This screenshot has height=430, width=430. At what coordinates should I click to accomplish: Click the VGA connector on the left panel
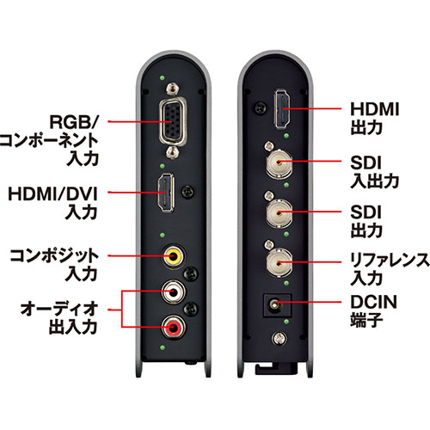(173, 121)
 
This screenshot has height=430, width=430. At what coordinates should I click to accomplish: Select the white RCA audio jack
(173, 292)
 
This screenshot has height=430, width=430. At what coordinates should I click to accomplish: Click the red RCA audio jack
(173, 327)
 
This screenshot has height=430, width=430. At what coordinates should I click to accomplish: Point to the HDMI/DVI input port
(166, 193)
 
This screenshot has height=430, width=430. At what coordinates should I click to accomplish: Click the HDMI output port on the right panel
(283, 109)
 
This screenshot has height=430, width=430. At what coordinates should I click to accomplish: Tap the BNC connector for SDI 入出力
(279, 163)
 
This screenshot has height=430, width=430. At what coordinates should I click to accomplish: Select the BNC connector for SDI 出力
(279, 213)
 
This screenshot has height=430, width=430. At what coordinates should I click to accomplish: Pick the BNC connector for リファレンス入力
(279, 262)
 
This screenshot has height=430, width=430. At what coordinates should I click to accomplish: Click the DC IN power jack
(277, 305)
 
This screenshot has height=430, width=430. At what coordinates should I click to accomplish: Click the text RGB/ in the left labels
(74, 122)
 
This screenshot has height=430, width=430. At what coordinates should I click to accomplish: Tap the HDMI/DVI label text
(53, 193)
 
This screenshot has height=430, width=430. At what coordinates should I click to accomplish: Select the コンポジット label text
(54, 255)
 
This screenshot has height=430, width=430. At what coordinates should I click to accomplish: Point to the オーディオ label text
(59, 309)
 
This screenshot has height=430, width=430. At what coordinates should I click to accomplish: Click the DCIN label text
(374, 302)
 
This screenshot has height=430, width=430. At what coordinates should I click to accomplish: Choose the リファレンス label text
(390, 260)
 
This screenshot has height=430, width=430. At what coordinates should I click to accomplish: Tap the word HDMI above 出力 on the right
(375, 109)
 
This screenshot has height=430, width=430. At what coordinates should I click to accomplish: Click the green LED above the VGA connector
(163, 77)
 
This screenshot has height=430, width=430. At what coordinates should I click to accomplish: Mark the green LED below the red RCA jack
(163, 347)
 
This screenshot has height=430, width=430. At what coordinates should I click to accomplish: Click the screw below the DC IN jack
(279, 339)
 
